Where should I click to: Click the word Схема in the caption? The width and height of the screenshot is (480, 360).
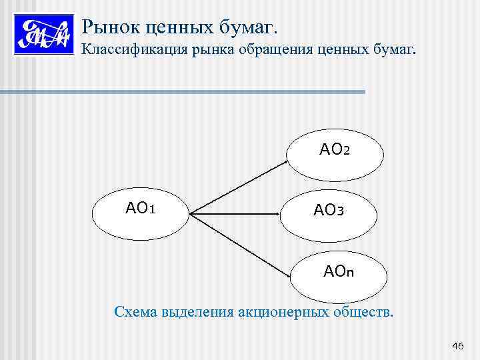(135, 311)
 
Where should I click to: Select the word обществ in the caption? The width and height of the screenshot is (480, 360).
(360, 311)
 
